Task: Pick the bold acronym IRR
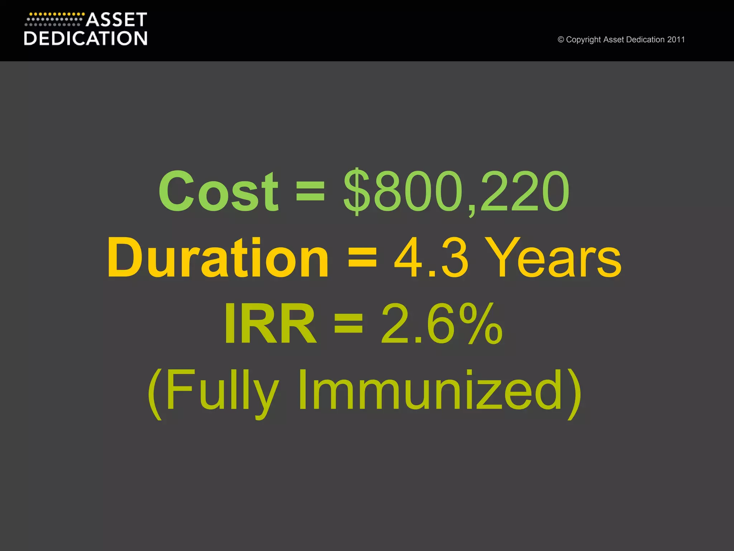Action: [270, 324]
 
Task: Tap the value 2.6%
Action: [442, 324]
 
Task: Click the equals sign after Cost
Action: [310, 192]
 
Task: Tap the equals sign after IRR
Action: [348, 324]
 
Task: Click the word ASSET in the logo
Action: [116, 20]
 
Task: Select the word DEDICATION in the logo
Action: [86, 38]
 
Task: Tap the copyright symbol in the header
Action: [561, 40]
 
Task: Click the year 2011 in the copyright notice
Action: [676, 40]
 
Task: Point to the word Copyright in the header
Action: [583, 40]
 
